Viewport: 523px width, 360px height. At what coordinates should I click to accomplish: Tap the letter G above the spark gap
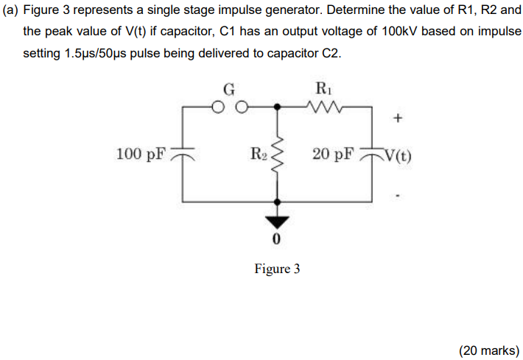(229, 91)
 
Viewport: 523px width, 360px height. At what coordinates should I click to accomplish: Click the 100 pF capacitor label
(141, 154)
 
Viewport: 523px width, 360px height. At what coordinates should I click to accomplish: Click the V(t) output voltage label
(398, 155)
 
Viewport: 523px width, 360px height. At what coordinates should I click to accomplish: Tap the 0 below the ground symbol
(277, 240)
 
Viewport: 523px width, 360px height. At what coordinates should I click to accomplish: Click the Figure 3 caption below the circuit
(277, 269)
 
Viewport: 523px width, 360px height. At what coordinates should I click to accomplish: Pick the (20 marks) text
(488, 350)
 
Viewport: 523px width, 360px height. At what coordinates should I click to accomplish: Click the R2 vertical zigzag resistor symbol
(277, 153)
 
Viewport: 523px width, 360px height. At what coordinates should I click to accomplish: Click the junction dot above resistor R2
(277, 106)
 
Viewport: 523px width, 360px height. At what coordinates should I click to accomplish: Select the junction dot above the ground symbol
(277, 201)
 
